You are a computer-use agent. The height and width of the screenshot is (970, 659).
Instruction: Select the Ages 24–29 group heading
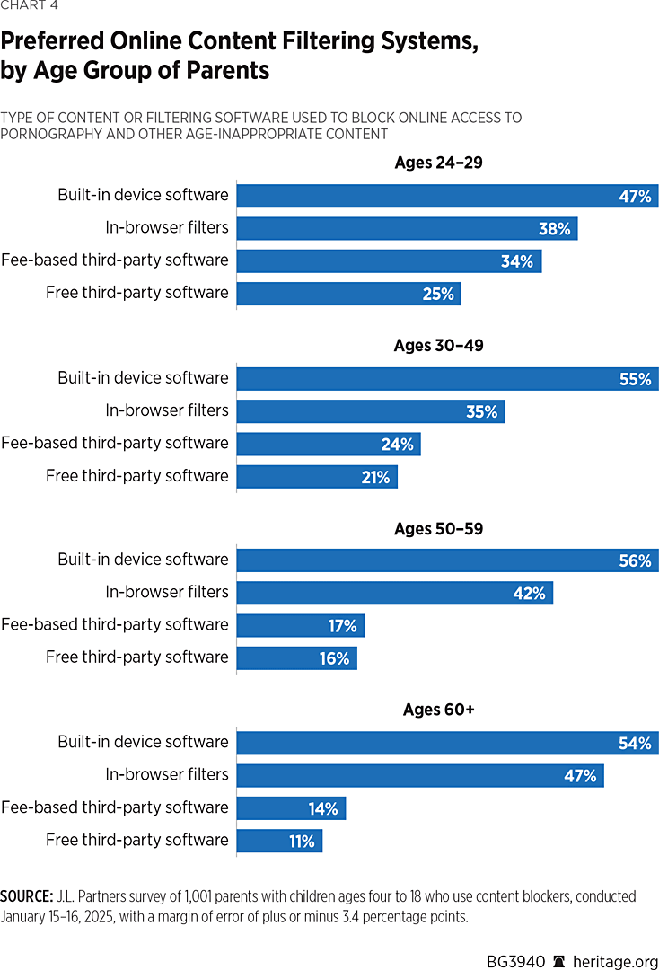439,163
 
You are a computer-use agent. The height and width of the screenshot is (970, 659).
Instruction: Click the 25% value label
438,294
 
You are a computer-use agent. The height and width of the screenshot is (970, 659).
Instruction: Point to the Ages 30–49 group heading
439,346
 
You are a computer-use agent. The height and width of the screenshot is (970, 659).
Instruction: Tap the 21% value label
375,477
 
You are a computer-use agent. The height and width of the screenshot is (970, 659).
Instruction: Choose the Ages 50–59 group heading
439,529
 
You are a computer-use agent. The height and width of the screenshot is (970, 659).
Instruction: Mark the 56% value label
635,561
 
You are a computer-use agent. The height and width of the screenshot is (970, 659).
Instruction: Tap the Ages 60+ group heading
439,710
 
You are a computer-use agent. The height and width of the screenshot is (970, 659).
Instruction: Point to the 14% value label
323,809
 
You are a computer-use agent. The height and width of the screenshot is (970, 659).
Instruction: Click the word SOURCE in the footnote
26,896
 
